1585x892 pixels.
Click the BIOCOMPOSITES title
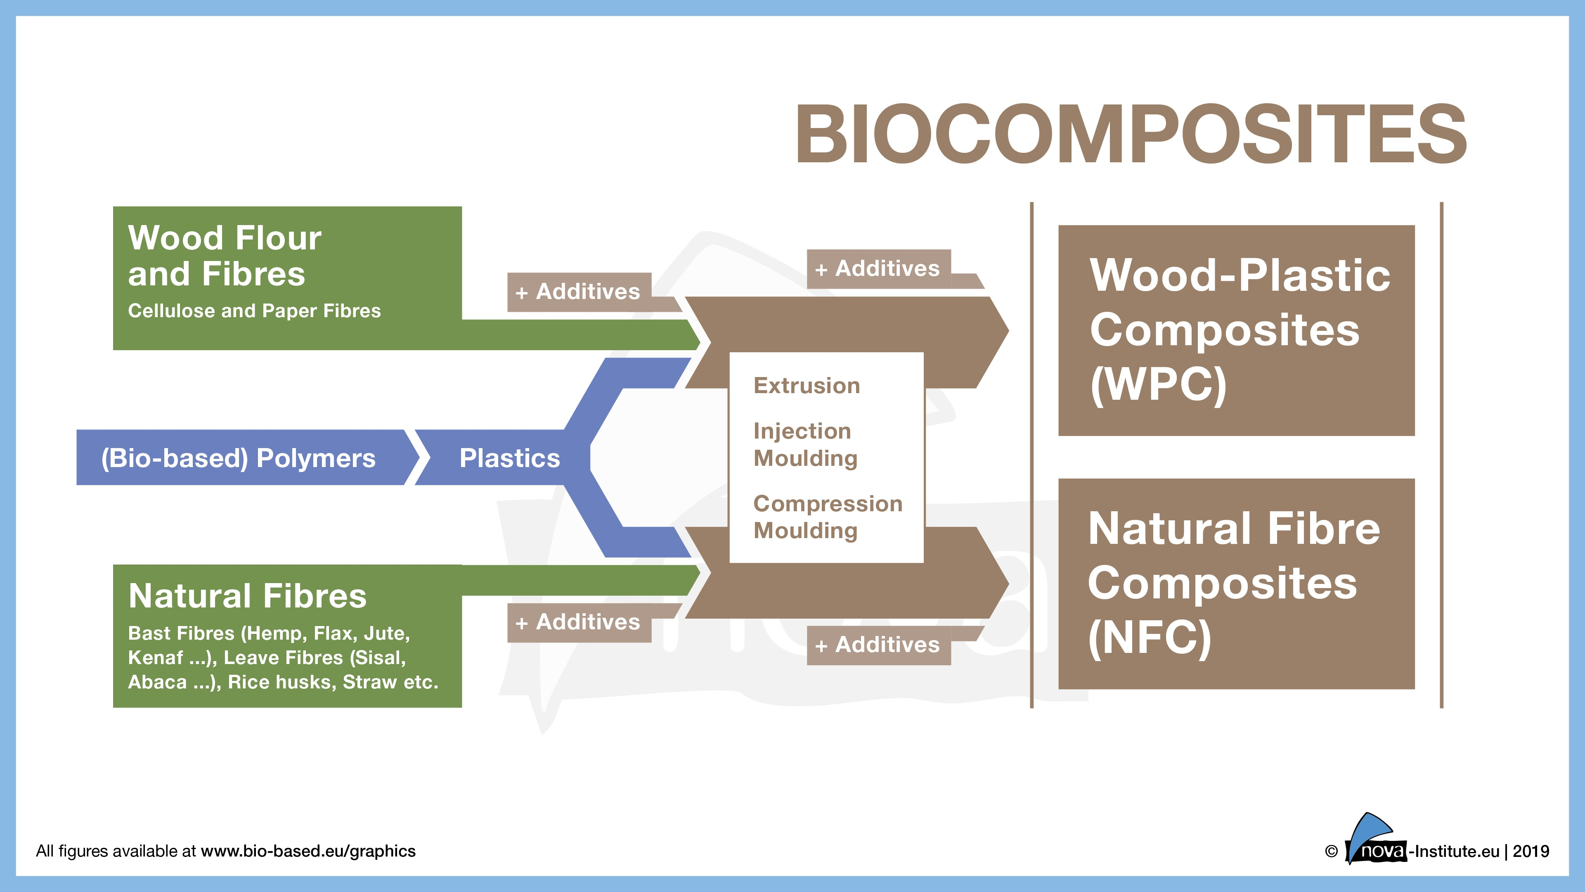[x=1131, y=134]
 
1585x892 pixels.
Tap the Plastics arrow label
[x=509, y=458]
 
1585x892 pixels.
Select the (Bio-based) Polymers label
[x=238, y=458]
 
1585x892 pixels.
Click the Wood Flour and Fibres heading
[x=225, y=256]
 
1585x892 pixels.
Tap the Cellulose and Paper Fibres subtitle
[x=254, y=311]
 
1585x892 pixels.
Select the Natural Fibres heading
[x=247, y=596]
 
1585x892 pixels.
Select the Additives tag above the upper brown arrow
[x=878, y=269]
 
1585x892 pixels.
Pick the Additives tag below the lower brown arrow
[x=878, y=645]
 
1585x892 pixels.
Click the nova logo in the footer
[x=1377, y=843]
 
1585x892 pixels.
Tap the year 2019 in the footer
[x=1531, y=852]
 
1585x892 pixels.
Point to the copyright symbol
[x=1331, y=852]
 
